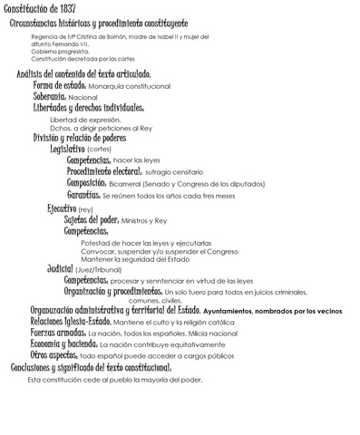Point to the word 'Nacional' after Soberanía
[x=83, y=96]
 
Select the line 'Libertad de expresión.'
[x=85, y=120]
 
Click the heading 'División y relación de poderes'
[x=84, y=138]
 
